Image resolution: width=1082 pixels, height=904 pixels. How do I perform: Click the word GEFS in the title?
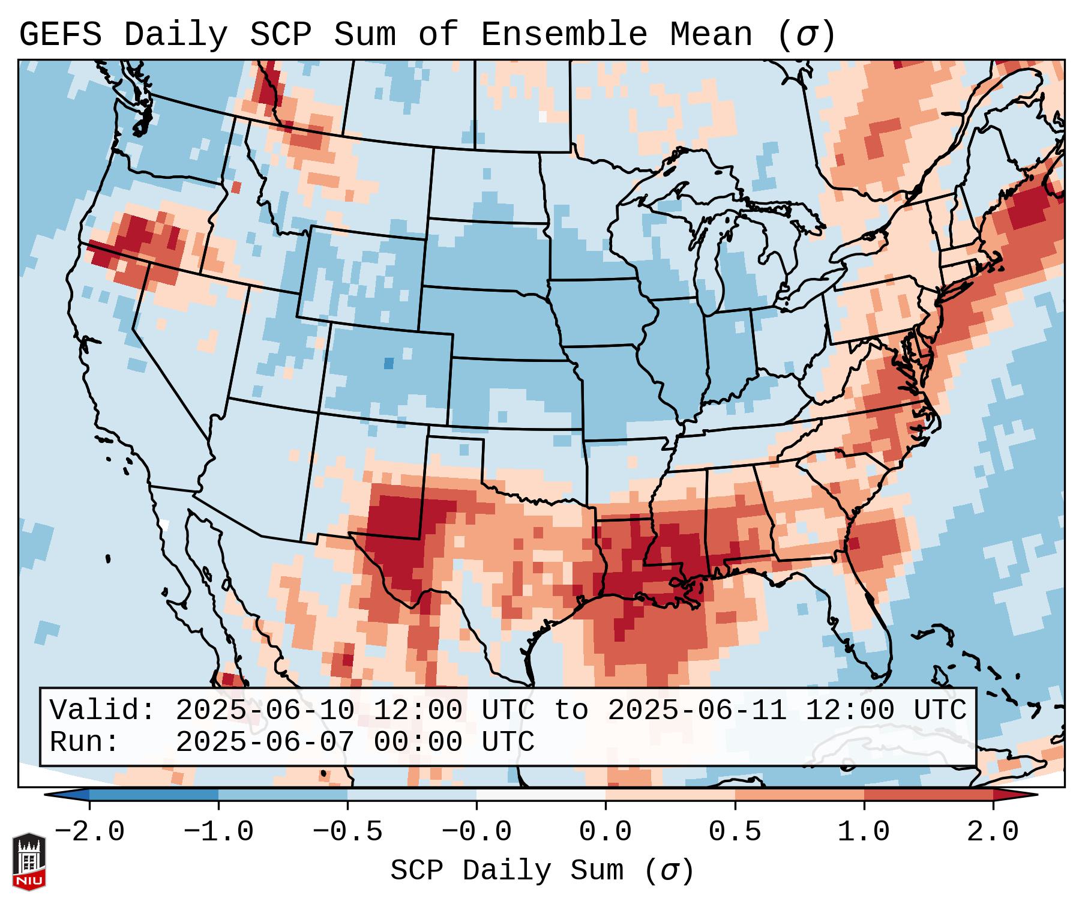60,34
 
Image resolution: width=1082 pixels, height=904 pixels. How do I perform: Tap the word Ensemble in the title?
564,34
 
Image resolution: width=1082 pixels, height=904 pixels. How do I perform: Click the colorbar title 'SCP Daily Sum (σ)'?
542,871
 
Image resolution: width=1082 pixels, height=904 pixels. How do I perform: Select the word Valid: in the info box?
103,711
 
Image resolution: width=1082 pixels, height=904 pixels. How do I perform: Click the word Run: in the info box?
85,743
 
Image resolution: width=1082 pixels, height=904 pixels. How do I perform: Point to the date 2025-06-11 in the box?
697,711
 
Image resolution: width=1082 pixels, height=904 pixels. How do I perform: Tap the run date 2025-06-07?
265,743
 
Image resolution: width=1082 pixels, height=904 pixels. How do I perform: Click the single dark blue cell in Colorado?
389,363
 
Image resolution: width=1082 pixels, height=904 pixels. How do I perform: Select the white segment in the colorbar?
541,795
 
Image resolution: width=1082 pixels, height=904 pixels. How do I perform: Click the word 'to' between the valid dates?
571,711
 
